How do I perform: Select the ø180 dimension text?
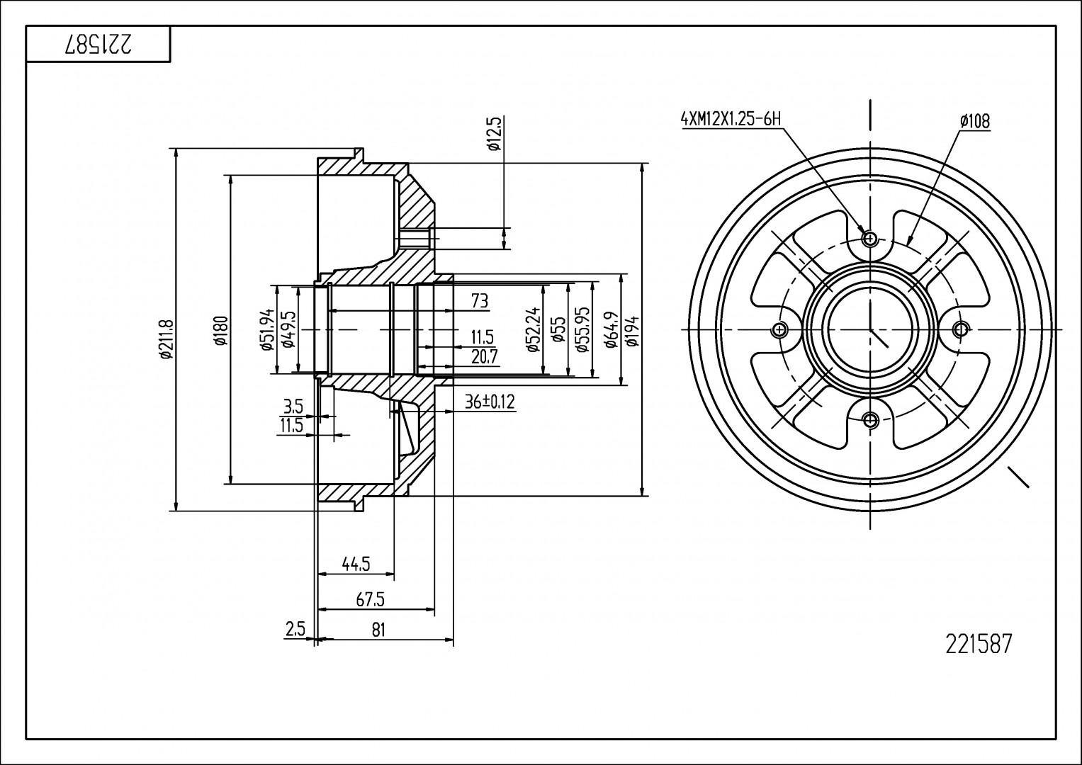click(221, 331)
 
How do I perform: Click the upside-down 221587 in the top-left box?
click(99, 45)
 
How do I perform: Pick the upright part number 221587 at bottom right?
click(979, 644)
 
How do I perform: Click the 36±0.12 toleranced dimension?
click(490, 403)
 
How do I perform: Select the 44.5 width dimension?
click(356, 564)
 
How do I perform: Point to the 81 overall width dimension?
click(378, 630)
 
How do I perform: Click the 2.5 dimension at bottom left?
click(295, 630)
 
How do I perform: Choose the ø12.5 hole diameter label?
click(495, 135)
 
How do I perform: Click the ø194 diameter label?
click(633, 331)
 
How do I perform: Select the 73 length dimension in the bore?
click(480, 301)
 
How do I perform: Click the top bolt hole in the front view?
click(871, 238)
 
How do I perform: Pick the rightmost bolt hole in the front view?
click(961, 329)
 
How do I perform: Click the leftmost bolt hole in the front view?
click(780, 329)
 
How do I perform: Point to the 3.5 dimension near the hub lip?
click(293, 407)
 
